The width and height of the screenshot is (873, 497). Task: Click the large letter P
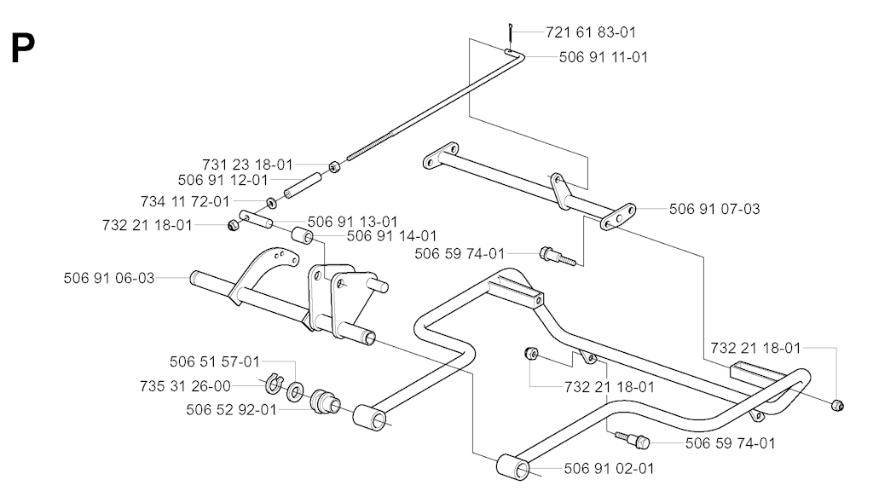[x=23, y=49]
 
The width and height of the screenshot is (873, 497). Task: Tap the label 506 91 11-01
[x=603, y=57]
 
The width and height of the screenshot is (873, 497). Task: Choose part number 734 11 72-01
[x=185, y=202]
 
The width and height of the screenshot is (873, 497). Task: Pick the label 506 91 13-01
[x=353, y=222]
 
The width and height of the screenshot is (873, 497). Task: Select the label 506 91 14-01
[x=392, y=235]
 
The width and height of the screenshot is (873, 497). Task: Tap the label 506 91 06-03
[x=109, y=278]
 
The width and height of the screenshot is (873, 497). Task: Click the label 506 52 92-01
[x=231, y=410]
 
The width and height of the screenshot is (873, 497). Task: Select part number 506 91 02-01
[x=610, y=468]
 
